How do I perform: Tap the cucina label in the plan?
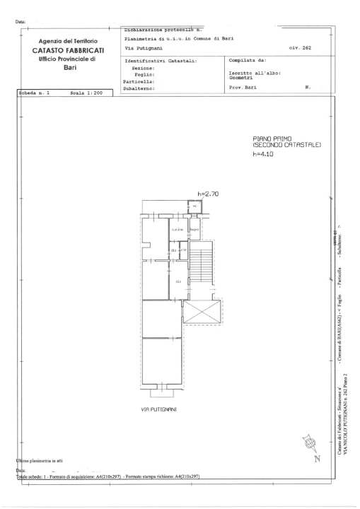click(x=178, y=229)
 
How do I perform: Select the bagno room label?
click(x=193, y=229)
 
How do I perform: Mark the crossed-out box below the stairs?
click(x=202, y=310)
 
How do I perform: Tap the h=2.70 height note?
click(x=209, y=192)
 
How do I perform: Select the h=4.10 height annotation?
click(x=262, y=153)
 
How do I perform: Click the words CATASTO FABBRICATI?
click(x=68, y=51)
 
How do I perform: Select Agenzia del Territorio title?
click(x=68, y=41)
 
